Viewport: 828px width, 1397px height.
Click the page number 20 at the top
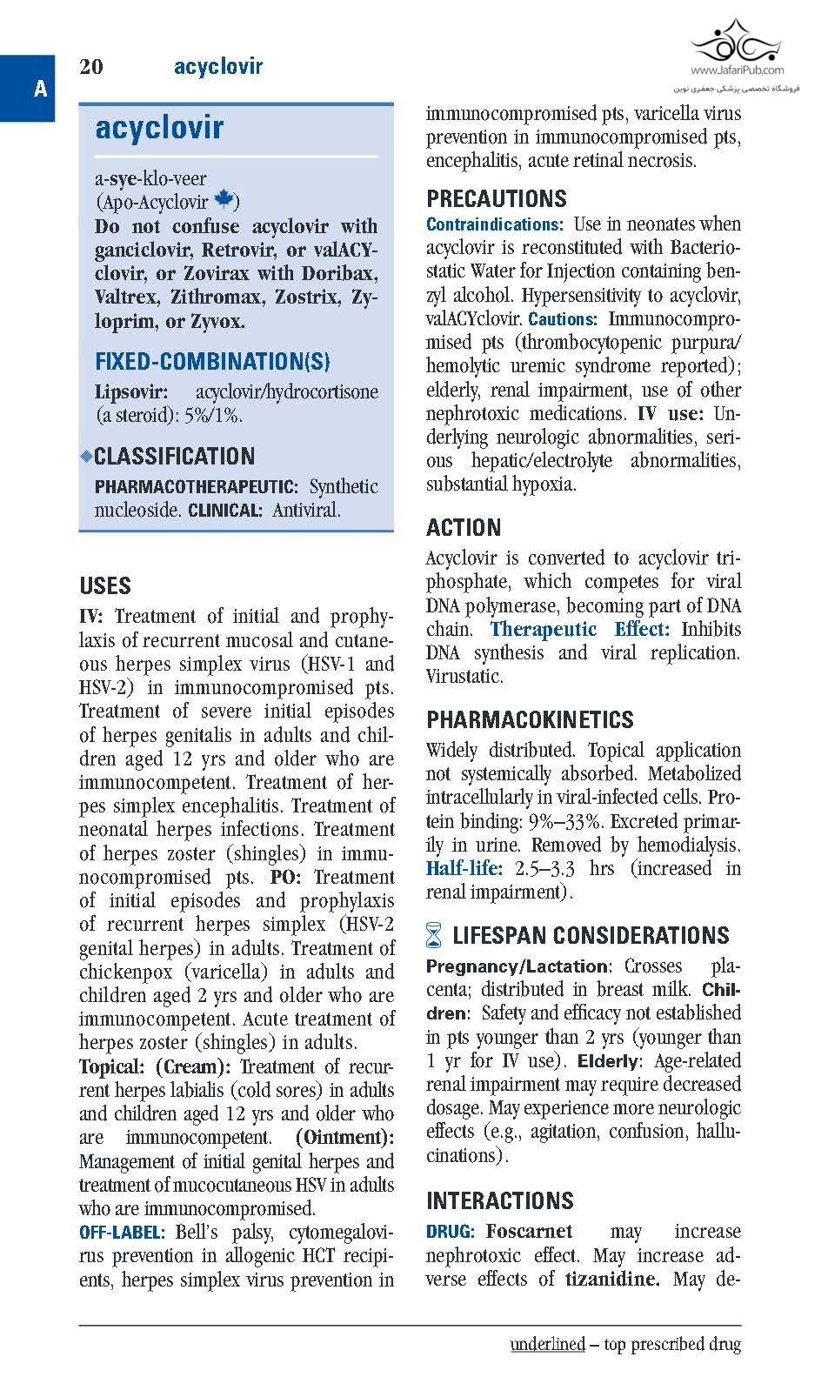91,67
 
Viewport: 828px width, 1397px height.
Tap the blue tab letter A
39,89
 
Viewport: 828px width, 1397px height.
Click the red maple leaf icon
224,200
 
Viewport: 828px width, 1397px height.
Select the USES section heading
105,585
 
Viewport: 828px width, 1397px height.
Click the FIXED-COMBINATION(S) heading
212,362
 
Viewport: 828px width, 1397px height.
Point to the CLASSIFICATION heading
174,457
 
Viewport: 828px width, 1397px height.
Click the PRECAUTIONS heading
496,198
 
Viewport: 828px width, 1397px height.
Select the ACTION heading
464,528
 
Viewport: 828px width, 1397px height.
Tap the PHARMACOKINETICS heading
530,719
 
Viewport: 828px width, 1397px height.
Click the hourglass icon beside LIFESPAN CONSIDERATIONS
435,937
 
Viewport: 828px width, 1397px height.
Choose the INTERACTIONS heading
500,1201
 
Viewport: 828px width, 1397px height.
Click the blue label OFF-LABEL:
122,1233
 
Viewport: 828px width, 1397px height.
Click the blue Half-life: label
464,868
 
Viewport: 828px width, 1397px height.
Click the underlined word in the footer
547,1344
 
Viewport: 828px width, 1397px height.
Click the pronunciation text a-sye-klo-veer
150,179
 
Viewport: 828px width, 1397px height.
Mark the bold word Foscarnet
529,1232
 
